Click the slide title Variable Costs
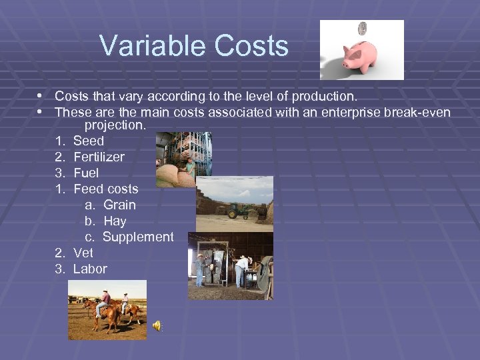coord(193,47)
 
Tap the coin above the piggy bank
coord(363,29)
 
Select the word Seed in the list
coord(89,141)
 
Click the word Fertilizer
coord(99,157)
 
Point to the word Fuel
coord(86,173)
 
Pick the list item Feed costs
coord(105,189)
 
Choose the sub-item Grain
coord(119,205)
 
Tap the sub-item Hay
coord(115,221)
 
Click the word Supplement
coord(138,237)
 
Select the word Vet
coord(83,253)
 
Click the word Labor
coord(90,269)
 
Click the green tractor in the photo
coord(239,210)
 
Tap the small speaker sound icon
coord(157,325)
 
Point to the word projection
coord(115,125)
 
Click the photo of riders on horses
coord(107,309)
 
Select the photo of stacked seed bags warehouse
coord(183,159)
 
